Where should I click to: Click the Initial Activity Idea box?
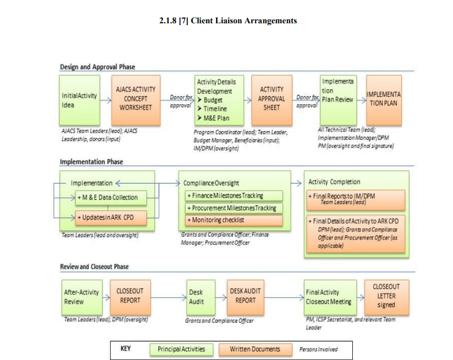[x=79, y=100]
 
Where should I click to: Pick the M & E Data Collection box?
[x=111, y=197]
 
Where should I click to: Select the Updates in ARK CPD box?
[x=111, y=218]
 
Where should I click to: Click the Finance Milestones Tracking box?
[x=233, y=196]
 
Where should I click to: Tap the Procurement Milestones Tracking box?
[x=233, y=208]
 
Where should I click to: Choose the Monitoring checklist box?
[x=233, y=220]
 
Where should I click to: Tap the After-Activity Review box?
[x=82, y=297]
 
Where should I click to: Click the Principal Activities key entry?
[x=181, y=349]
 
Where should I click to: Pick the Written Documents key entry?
[x=254, y=349]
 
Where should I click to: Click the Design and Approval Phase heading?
[x=98, y=67]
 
